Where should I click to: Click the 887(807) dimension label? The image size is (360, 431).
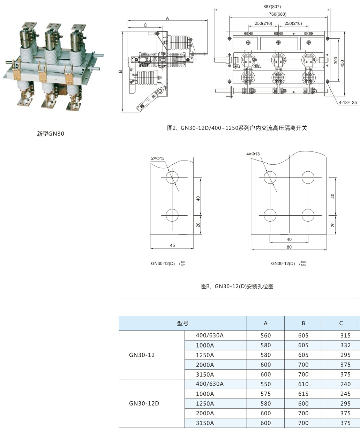pyautogui.click(x=272, y=6)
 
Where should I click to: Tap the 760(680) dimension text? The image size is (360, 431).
pyautogui.click(x=277, y=14)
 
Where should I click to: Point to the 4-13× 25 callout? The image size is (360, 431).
pyautogui.click(x=348, y=103)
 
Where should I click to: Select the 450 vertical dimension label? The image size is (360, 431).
pyautogui.click(x=343, y=64)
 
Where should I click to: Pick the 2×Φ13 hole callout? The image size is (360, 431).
pyautogui.click(x=158, y=158)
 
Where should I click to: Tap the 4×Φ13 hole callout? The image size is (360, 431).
pyautogui.click(x=253, y=154)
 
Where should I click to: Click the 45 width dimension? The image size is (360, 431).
pyautogui.click(x=172, y=245)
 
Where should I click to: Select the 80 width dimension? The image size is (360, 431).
pyautogui.click(x=289, y=247)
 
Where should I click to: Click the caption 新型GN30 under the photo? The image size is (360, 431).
pyautogui.click(x=51, y=134)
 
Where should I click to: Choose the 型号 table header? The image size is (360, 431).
pyautogui.click(x=182, y=323)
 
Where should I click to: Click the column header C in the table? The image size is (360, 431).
pyautogui.click(x=341, y=323)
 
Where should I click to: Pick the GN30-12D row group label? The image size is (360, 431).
pyautogui.click(x=144, y=403)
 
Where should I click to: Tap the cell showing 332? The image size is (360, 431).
pyautogui.click(x=345, y=345)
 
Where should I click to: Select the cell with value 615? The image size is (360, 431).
pyautogui.click(x=303, y=394)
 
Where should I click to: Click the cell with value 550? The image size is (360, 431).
pyautogui.click(x=265, y=384)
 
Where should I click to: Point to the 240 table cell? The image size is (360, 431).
pyautogui.click(x=345, y=384)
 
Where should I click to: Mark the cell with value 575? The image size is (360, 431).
pyautogui.click(x=265, y=394)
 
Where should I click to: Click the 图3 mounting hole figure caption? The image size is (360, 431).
pyautogui.click(x=237, y=287)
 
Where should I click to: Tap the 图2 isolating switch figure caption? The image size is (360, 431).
pyautogui.click(x=237, y=128)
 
